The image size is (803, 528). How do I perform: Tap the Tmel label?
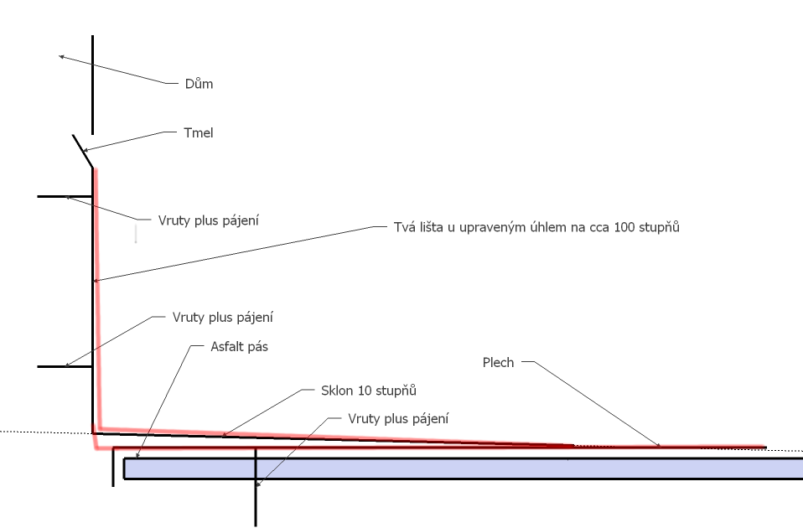point(198,132)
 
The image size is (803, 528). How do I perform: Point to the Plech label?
point(498,362)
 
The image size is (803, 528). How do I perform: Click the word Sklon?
point(336,391)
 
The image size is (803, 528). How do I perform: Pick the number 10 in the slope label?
point(363,391)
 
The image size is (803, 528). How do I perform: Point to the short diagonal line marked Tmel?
point(82,151)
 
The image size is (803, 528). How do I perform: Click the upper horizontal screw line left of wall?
point(65,195)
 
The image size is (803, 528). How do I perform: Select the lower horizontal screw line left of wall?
point(65,366)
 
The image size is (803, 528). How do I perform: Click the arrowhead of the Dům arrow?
point(60,56)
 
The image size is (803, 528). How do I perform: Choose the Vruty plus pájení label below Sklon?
point(398,418)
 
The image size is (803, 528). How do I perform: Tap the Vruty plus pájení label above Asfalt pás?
point(224,318)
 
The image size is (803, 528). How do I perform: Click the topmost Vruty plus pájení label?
point(209,220)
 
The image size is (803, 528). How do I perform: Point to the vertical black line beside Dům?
point(92,84)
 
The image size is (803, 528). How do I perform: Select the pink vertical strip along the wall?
point(97,293)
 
